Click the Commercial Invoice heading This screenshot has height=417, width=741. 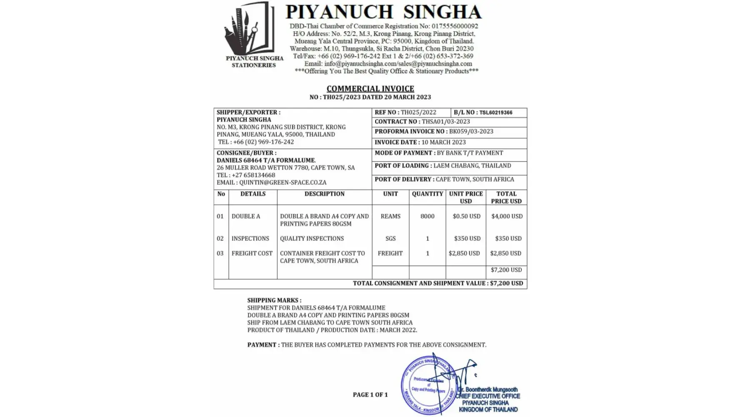click(x=370, y=88)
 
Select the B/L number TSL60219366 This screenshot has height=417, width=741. click(x=496, y=113)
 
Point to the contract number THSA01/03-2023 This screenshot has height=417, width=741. click(x=446, y=122)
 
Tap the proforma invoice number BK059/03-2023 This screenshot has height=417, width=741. click(x=471, y=131)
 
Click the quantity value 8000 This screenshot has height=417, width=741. click(x=427, y=216)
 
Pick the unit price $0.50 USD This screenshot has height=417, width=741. click(x=466, y=216)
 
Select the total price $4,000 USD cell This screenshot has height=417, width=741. click(x=506, y=216)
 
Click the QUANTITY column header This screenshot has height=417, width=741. click(x=427, y=194)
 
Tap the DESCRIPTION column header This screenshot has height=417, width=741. click(x=324, y=194)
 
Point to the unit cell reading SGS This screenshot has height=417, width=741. click(x=391, y=239)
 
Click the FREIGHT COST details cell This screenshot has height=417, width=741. click(x=252, y=254)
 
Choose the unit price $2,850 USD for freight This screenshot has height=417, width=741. click(x=464, y=254)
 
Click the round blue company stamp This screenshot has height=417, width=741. click(x=427, y=386)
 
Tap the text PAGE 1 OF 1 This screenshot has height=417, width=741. click(x=370, y=395)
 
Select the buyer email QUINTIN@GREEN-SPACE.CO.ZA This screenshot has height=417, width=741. click(x=283, y=183)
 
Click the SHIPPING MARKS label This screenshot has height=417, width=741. click(x=274, y=300)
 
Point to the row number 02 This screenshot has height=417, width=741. click(x=220, y=239)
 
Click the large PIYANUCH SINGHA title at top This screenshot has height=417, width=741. click(x=383, y=12)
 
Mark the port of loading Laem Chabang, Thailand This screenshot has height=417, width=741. click(x=472, y=166)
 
